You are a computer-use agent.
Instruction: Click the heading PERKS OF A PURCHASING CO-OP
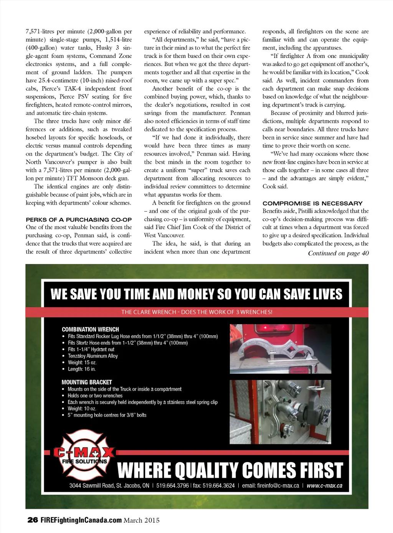coord(79,219)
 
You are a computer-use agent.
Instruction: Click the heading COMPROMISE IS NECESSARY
coord(312,203)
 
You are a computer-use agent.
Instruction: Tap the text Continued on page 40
coord(338,253)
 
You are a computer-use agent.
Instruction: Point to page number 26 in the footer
coord(33,520)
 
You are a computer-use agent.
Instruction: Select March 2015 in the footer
coord(141,520)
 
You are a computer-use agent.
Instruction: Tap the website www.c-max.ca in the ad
coord(324,485)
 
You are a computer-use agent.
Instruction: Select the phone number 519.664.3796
coord(172,485)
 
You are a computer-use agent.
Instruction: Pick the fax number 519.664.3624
coord(214,485)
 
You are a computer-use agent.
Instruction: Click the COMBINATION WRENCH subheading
coord(90,329)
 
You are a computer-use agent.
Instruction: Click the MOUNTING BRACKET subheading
coord(87,382)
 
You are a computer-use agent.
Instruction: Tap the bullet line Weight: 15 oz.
coord(82,362)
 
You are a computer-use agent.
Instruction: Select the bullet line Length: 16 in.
coord(81,369)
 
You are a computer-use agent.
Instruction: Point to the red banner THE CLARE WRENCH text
coord(196,312)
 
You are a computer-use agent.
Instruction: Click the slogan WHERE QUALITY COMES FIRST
coord(230,470)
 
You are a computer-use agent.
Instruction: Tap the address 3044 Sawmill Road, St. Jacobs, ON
coord(109,485)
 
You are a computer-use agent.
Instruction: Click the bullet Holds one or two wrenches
coord(95,396)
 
